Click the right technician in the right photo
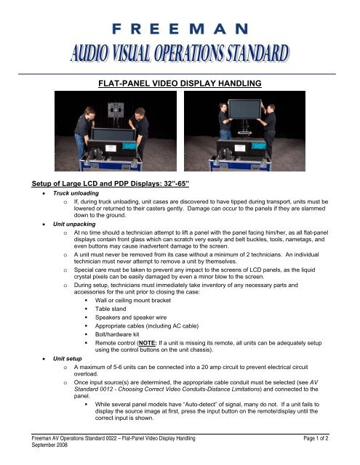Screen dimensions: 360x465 click(x=270, y=127)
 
